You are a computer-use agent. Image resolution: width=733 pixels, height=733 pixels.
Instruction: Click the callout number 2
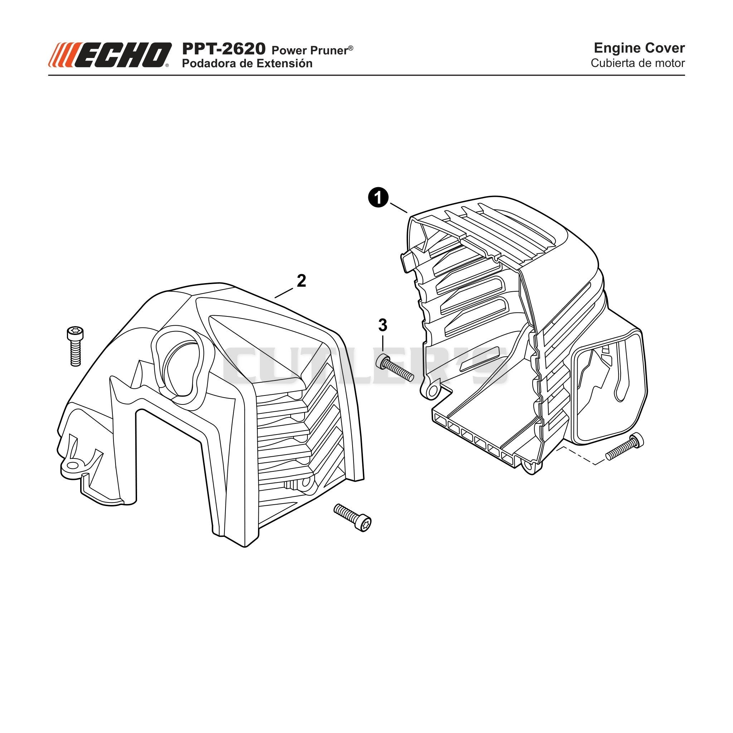coord(302,281)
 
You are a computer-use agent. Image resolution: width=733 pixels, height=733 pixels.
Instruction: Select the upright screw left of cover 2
coord(75,346)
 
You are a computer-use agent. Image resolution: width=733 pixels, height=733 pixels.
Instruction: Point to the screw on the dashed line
coord(625,448)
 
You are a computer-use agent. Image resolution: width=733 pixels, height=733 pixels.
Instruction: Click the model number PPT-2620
coord(224,49)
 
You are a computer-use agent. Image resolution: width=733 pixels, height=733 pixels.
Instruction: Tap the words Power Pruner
coord(312,50)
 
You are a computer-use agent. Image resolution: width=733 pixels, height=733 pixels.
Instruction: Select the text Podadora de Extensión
coord(247,63)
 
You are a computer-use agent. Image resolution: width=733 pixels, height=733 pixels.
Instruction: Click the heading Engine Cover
coord(639,48)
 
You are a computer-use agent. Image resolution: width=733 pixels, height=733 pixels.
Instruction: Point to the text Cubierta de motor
coord(638,63)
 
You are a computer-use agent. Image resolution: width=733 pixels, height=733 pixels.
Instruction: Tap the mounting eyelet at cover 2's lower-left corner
coord(71,466)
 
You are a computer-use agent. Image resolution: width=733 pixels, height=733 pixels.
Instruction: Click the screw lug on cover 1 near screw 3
coord(431,390)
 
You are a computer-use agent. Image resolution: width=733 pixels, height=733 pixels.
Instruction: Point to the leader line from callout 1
coord(398,208)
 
